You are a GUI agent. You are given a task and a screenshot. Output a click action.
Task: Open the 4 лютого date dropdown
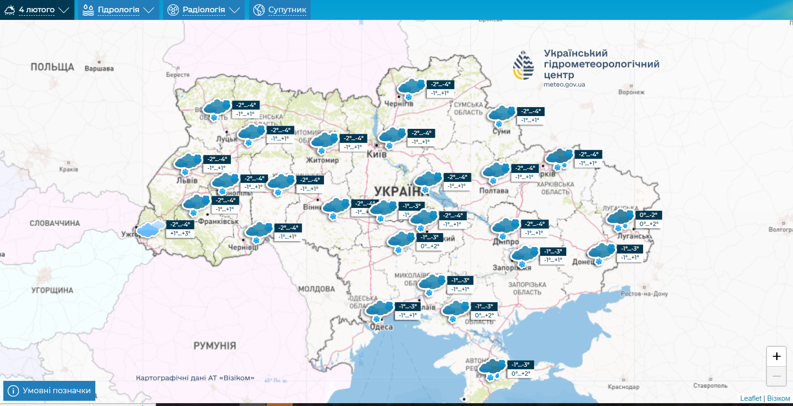pyautogui.click(x=37, y=10)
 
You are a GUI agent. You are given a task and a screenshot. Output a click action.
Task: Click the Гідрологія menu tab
pyautogui.click(x=119, y=10)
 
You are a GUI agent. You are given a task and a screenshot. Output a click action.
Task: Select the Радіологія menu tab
pyautogui.click(x=204, y=10)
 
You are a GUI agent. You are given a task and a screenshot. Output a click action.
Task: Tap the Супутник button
pyautogui.click(x=280, y=10)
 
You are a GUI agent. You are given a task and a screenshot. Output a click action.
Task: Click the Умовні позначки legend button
pyautogui.click(x=49, y=391)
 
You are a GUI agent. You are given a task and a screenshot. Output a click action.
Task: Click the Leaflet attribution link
pyautogui.click(x=750, y=398)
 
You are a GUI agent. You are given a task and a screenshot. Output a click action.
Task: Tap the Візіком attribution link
pyautogui.click(x=778, y=398)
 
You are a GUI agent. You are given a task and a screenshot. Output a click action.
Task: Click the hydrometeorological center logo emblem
pyautogui.click(x=524, y=65)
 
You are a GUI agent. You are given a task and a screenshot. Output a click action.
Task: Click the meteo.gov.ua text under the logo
pyautogui.click(x=564, y=85)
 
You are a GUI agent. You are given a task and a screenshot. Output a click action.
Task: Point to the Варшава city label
pyautogui.click(x=99, y=68)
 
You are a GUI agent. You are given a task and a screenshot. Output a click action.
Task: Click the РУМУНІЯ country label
pyautogui.click(x=214, y=346)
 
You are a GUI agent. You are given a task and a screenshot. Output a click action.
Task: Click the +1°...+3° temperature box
pyautogui.click(x=180, y=234)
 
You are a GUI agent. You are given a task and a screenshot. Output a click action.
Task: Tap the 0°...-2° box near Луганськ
pyautogui.click(x=648, y=215)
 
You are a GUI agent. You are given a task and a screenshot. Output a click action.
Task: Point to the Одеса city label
pyautogui.click(x=381, y=327)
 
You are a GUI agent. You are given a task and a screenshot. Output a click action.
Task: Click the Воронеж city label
pyautogui.click(x=631, y=92)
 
